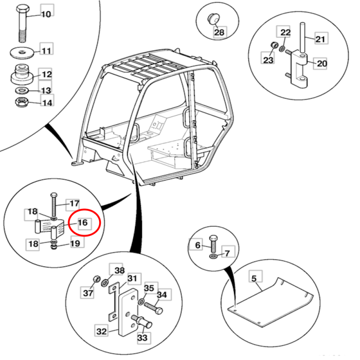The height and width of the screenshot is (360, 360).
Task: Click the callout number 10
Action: click(46, 14)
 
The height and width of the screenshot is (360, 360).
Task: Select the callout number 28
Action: click(219, 32)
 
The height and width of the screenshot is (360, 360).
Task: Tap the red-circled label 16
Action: click(82, 222)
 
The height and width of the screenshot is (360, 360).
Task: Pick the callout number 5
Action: click(254, 279)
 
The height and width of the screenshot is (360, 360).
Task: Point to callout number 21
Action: click(319, 39)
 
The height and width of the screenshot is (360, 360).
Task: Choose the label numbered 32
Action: click(101, 332)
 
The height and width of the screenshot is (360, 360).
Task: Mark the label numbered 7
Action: click(227, 253)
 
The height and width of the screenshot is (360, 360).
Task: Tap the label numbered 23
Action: click(268, 59)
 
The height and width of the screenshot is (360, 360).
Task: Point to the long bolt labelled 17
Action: click(54, 205)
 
